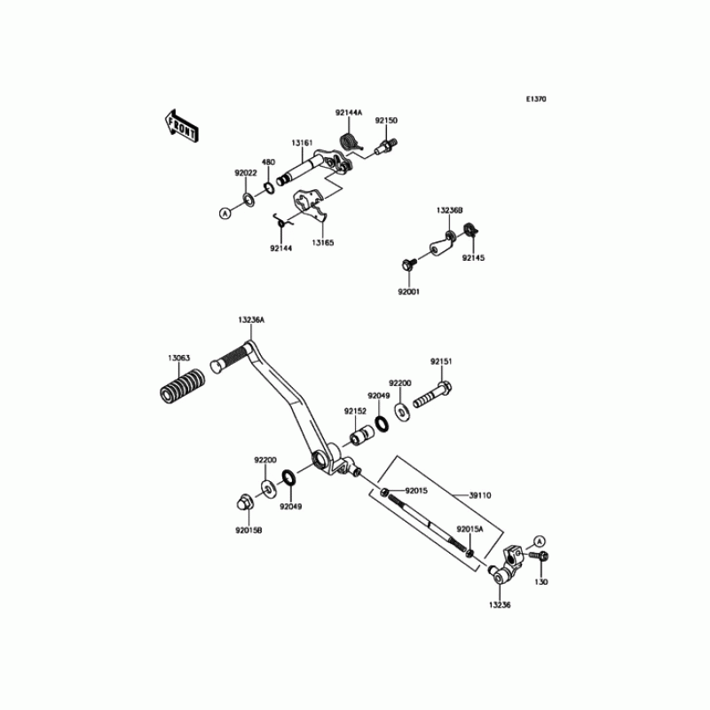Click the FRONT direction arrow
coord(181,126)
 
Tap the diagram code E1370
coord(534,99)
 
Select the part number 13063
coord(178,359)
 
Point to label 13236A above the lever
coord(251,319)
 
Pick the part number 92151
coord(441,361)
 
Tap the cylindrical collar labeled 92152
coord(361,437)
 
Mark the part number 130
coord(541,583)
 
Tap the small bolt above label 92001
coord(410,264)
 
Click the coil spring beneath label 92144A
coord(351,140)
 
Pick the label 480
coord(268,162)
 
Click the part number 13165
coord(322,241)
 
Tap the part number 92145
coord(473,257)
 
